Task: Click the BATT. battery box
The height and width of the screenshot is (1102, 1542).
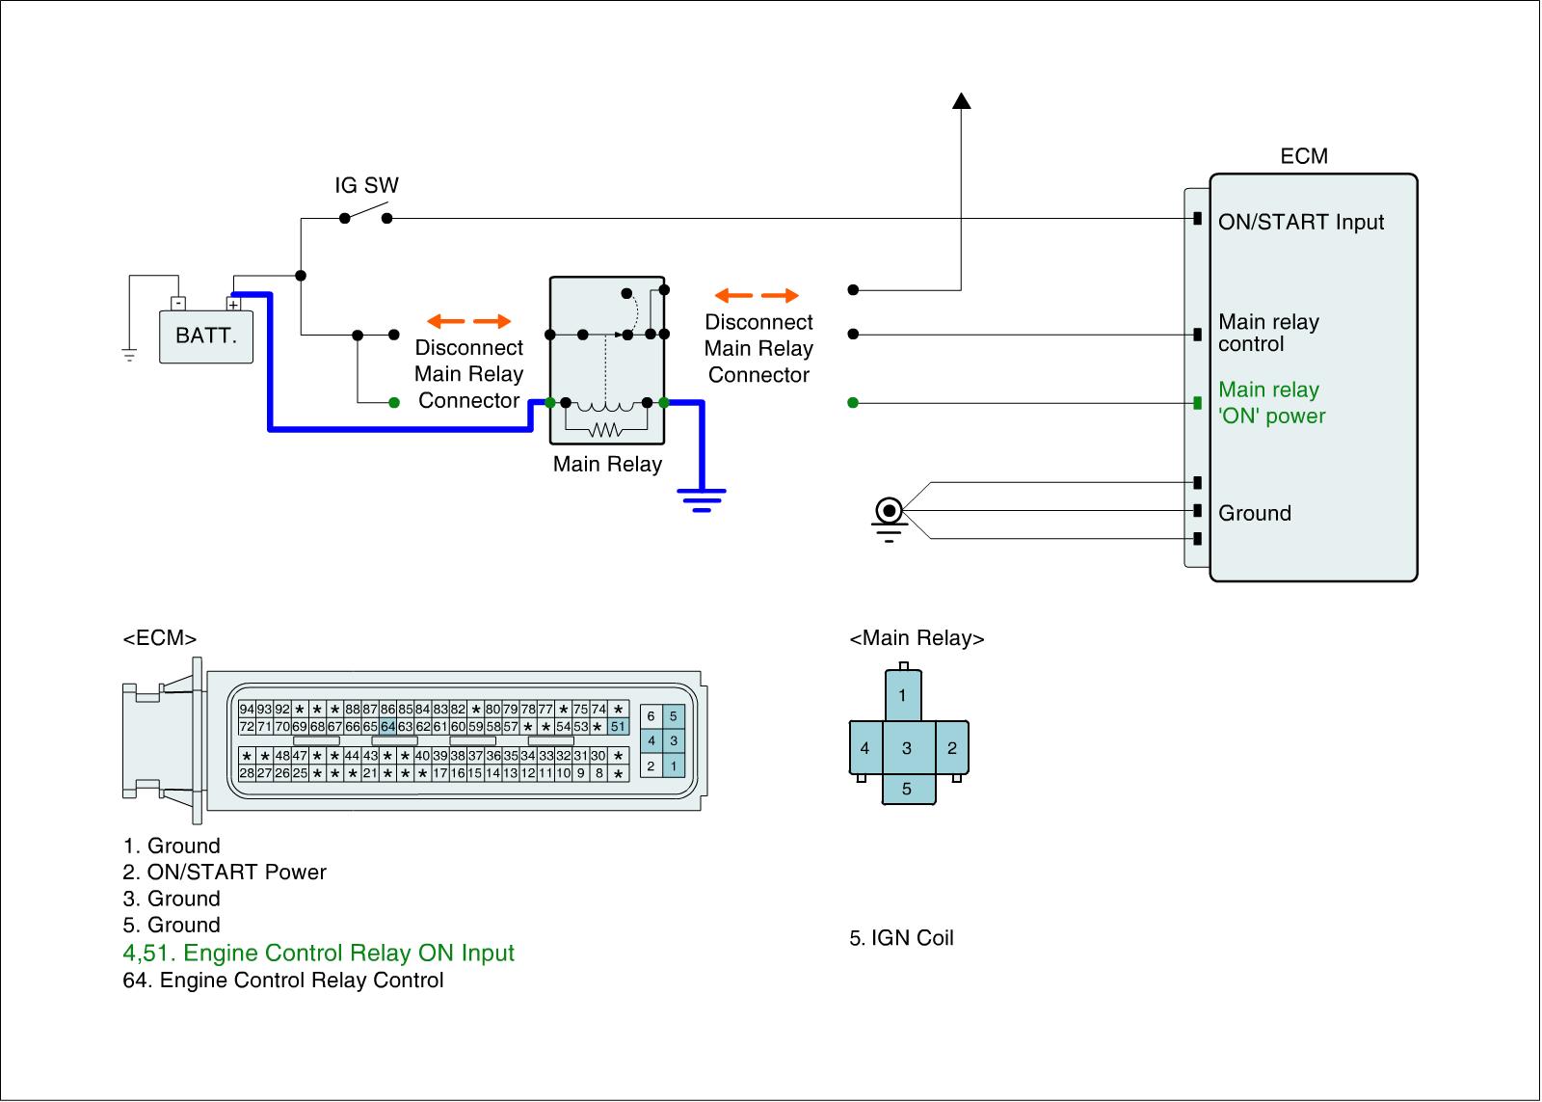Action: (205, 336)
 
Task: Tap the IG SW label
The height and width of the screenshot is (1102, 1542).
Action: (366, 185)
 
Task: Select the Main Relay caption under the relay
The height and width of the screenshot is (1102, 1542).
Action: (607, 465)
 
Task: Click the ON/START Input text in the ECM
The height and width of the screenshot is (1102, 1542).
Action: (1300, 223)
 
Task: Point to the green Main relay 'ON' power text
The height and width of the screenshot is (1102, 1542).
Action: (1271, 403)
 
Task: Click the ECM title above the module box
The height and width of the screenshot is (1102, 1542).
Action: (1303, 156)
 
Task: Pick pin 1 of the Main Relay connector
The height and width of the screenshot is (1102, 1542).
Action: (902, 695)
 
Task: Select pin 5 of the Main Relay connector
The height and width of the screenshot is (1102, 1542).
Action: (906, 789)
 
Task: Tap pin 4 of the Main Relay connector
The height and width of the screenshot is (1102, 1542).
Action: (864, 748)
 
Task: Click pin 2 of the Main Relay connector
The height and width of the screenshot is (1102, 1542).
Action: (952, 748)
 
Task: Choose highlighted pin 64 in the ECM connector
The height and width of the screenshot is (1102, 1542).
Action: (387, 727)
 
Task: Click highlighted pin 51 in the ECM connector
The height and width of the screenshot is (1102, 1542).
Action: (618, 727)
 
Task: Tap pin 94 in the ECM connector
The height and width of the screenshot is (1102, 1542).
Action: (247, 710)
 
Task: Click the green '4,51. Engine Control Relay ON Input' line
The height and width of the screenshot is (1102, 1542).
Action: (318, 954)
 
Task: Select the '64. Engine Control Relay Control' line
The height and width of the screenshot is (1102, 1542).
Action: (283, 981)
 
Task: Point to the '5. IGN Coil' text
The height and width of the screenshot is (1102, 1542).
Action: (901, 938)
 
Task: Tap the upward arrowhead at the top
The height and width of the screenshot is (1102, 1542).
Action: (961, 100)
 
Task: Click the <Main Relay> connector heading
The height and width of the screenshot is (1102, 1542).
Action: (917, 638)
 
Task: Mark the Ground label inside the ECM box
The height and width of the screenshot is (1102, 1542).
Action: (1254, 513)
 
